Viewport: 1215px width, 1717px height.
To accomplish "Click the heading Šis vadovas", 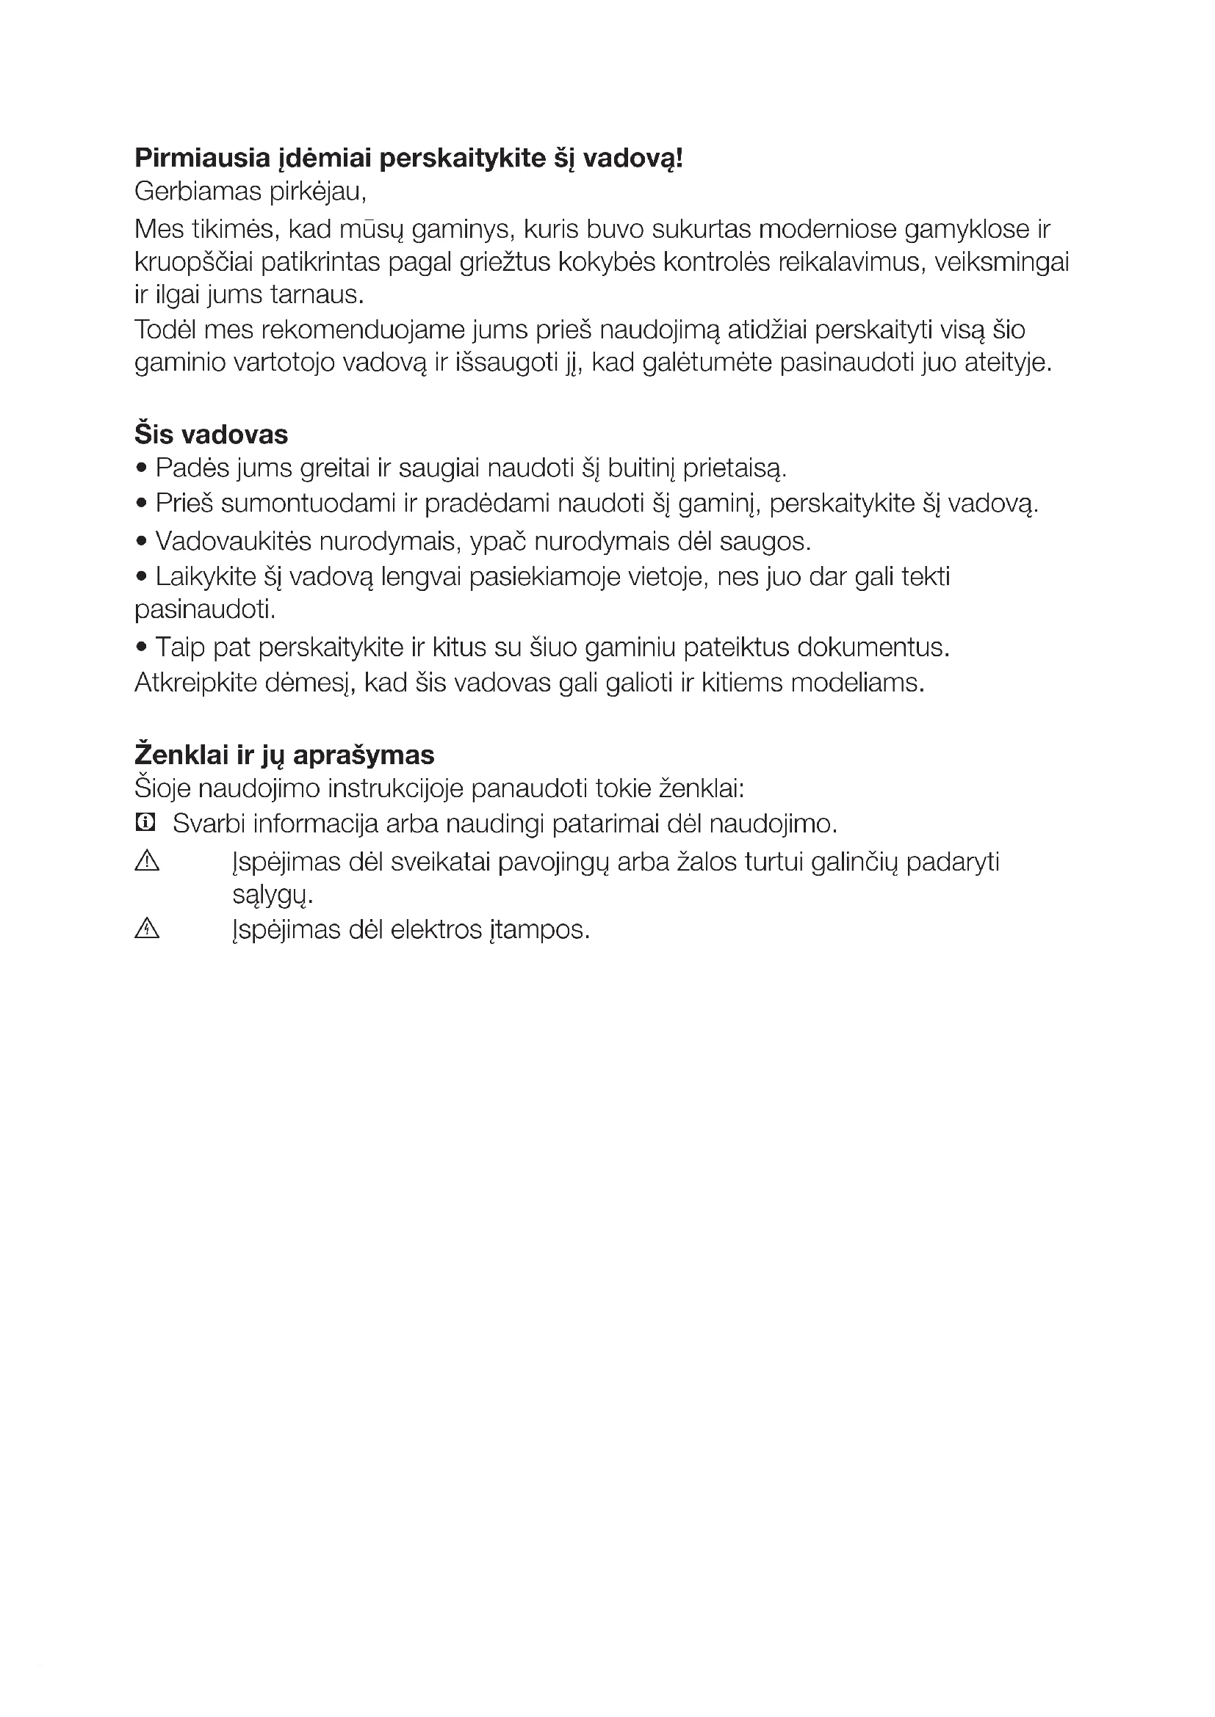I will (x=211, y=435).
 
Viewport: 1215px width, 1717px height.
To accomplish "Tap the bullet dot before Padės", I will (x=141, y=469).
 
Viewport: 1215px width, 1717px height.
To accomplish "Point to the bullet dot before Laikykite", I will (x=141, y=576).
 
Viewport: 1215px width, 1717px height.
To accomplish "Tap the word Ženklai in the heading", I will (x=181, y=755).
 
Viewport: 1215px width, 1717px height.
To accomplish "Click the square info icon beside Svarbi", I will (x=145, y=824).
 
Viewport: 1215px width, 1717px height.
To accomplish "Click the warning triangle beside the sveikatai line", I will (x=148, y=863).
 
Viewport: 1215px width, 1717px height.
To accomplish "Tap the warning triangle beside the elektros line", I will (x=148, y=929).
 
